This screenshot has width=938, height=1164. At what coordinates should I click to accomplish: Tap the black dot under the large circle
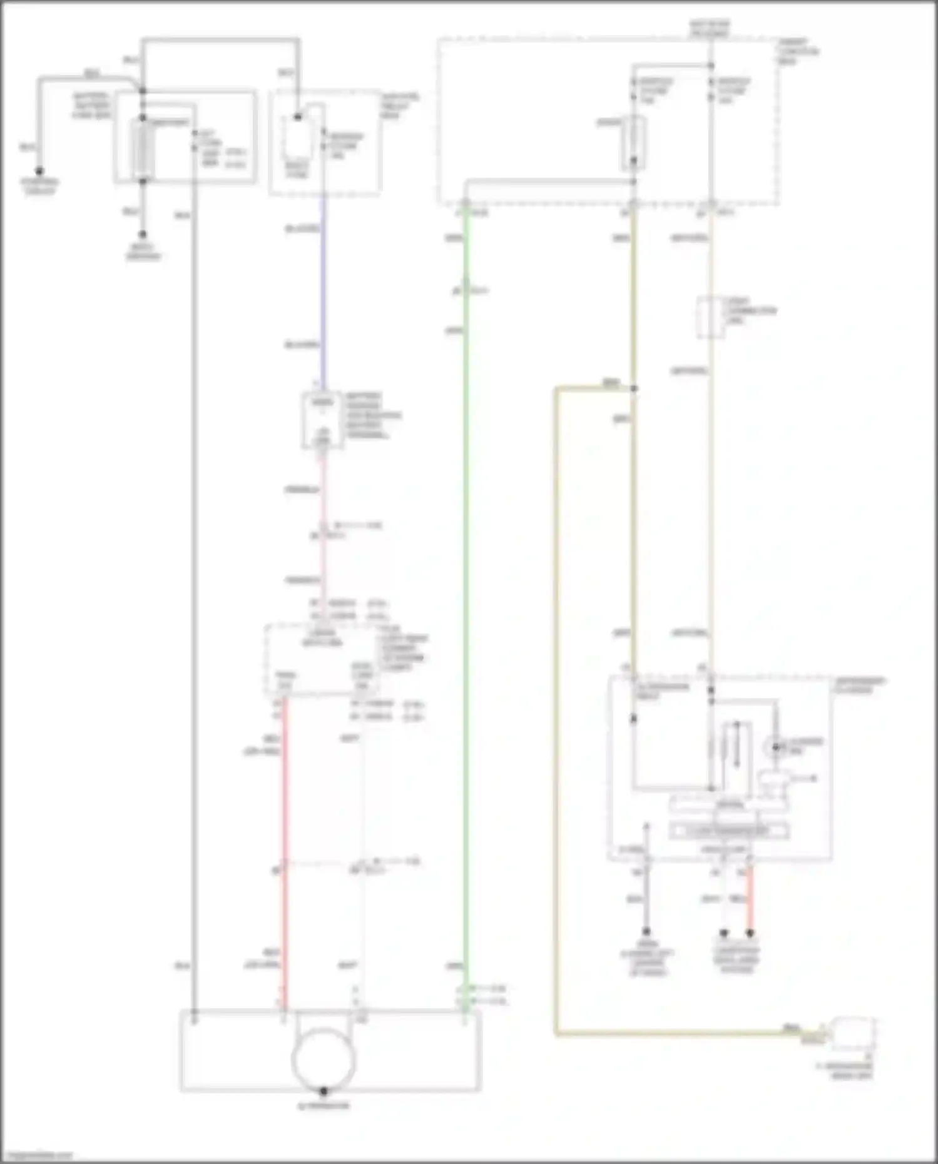point(324,1091)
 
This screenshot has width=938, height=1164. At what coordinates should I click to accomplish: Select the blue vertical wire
point(324,288)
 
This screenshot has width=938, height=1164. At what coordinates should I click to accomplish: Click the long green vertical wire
point(466,594)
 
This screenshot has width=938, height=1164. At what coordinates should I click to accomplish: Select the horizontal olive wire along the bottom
point(676,1033)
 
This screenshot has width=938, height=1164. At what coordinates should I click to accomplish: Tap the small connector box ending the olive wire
point(852,1033)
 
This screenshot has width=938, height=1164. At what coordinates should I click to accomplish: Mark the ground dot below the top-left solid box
point(143,235)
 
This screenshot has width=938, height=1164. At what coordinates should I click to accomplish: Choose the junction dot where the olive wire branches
point(633,388)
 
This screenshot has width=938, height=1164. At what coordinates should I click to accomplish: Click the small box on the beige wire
point(710,318)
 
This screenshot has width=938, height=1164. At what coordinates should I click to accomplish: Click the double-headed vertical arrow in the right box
point(737,744)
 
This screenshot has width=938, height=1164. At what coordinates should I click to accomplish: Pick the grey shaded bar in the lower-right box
point(728,831)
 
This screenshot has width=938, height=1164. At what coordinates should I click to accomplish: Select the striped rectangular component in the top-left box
point(143,149)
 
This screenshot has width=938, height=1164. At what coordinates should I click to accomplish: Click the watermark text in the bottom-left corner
point(38,1155)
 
